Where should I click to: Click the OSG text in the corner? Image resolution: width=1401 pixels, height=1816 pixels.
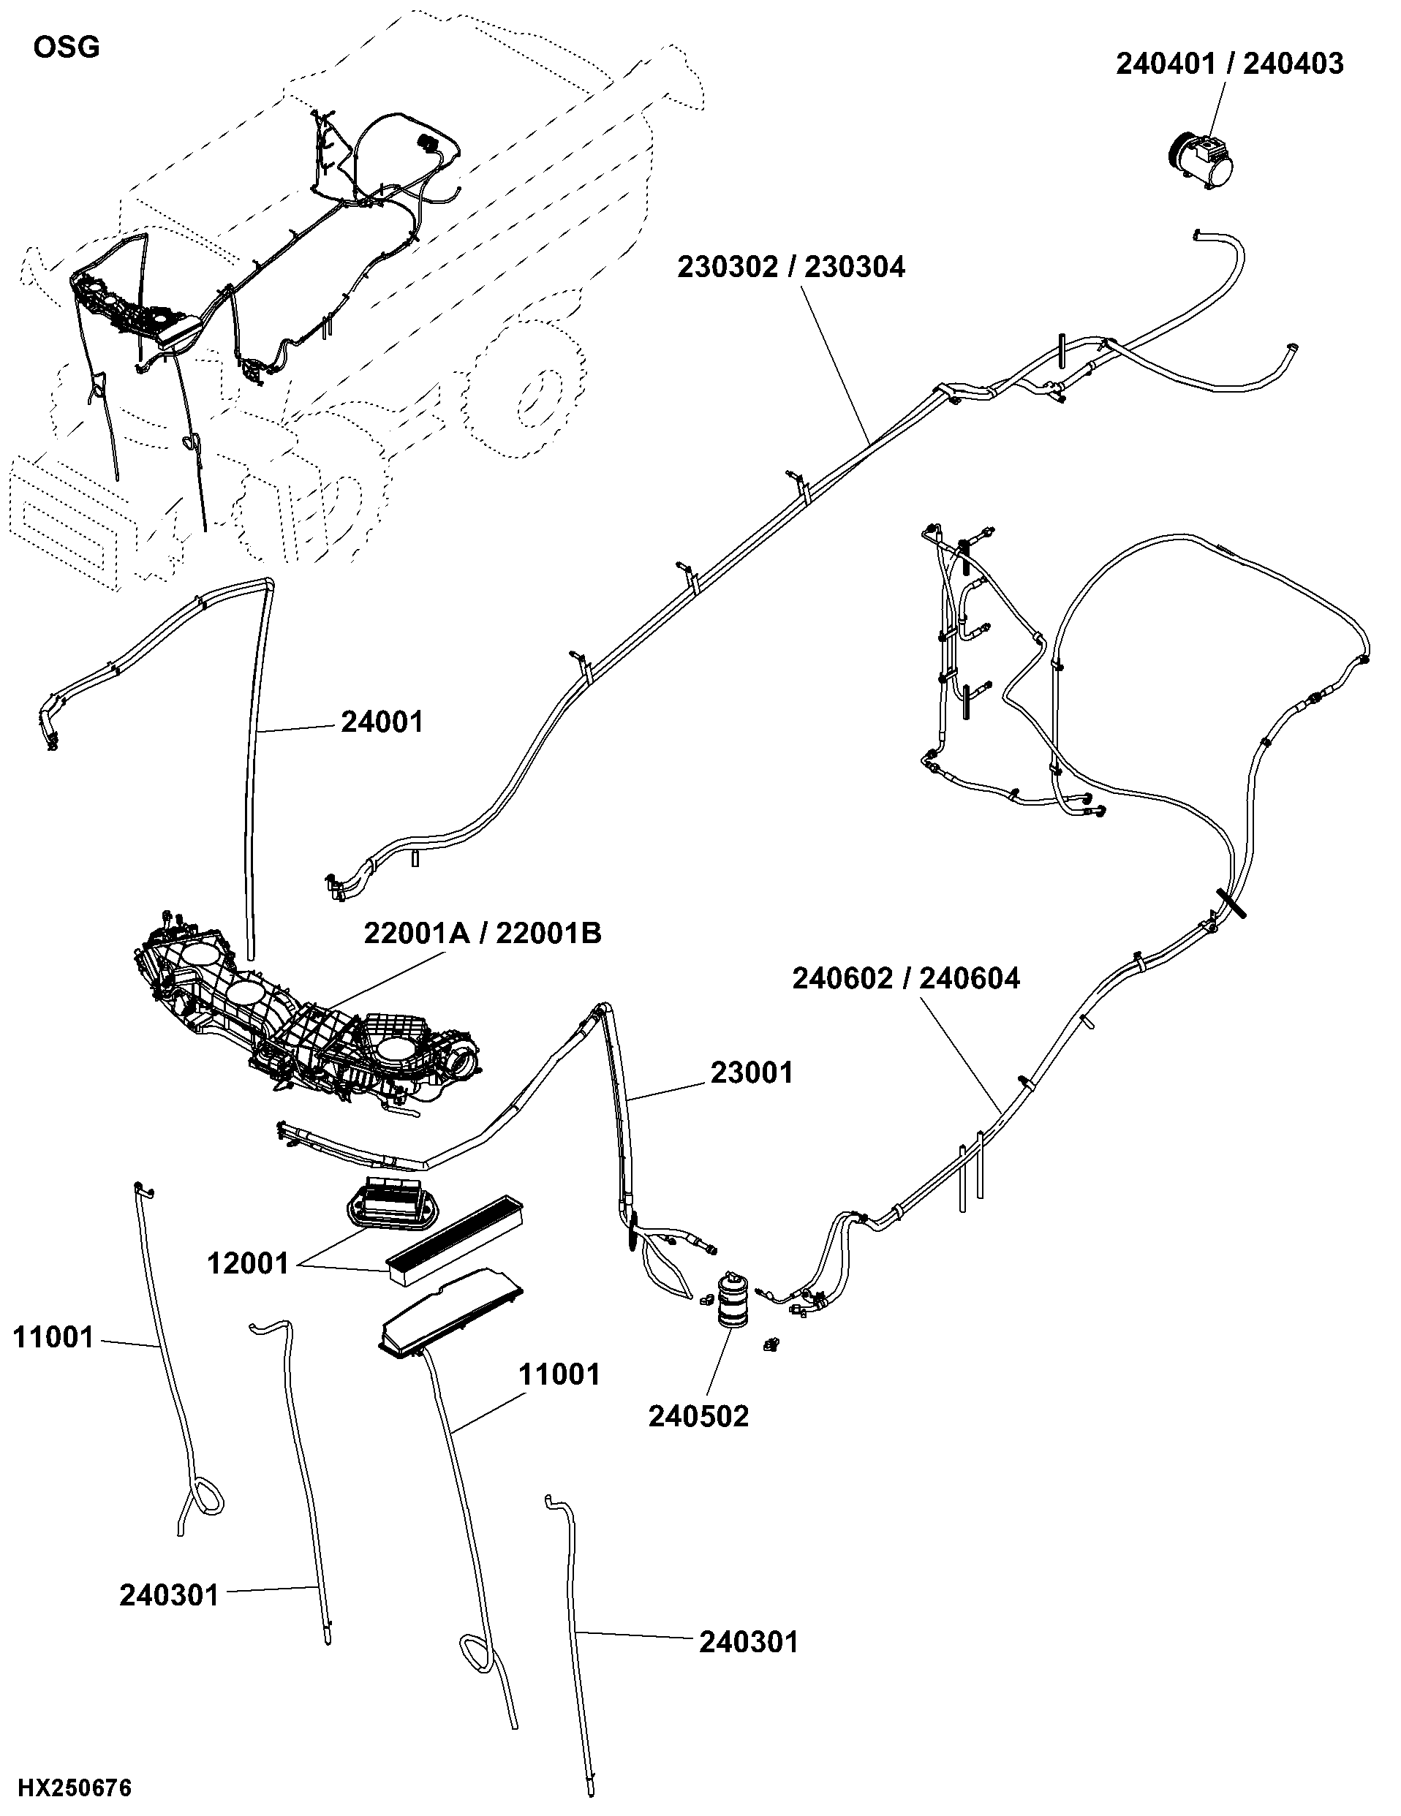click(x=67, y=48)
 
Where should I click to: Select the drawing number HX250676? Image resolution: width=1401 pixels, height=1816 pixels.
click(x=75, y=1787)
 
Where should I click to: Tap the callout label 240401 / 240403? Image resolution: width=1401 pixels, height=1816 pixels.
click(x=1230, y=64)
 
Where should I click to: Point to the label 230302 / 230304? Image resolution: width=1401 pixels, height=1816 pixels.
click(x=790, y=267)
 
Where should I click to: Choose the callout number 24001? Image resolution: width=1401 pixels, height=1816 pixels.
click(x=382, y=722)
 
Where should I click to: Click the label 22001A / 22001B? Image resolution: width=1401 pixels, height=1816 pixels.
click(x=483, y=934)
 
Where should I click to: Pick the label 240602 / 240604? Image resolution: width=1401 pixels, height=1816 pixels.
click(x=905, y=979)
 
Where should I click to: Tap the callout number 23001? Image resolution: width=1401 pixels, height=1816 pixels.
click(x=752, y=1072)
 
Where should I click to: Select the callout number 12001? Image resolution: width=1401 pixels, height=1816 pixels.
click(x=248, y=1264)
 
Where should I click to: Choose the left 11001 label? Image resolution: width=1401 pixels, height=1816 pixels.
click(x=53, y=1338)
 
